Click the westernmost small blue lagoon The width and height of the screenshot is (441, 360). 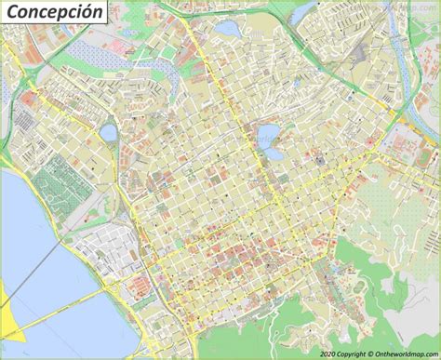click(x=109, y=132)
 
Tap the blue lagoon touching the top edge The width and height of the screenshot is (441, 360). click(x=227, y=28)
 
